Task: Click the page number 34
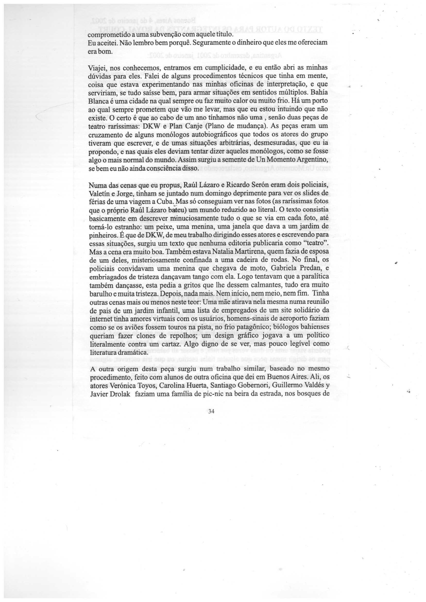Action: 211,411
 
